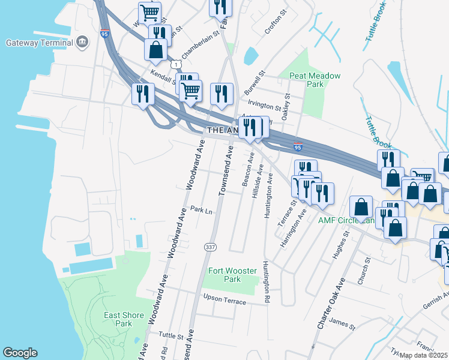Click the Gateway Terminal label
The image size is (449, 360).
click(x=39, y=43)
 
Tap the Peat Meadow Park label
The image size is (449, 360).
click(x=315, y=80)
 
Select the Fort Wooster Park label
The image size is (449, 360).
click(x=232, y=275)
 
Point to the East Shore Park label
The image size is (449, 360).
click(x=124, y=319)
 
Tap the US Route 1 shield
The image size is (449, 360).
click(x=175, y=64)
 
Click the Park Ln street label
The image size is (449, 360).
click(x=201, y=211)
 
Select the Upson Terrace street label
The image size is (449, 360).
click(x=224, y=298)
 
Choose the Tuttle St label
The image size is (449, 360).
click(x=171, y=336)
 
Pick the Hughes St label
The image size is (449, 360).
click(x=343, y=246)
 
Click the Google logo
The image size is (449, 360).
click(x=20, y=353)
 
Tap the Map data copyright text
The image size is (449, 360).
click(x=424, y=355)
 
